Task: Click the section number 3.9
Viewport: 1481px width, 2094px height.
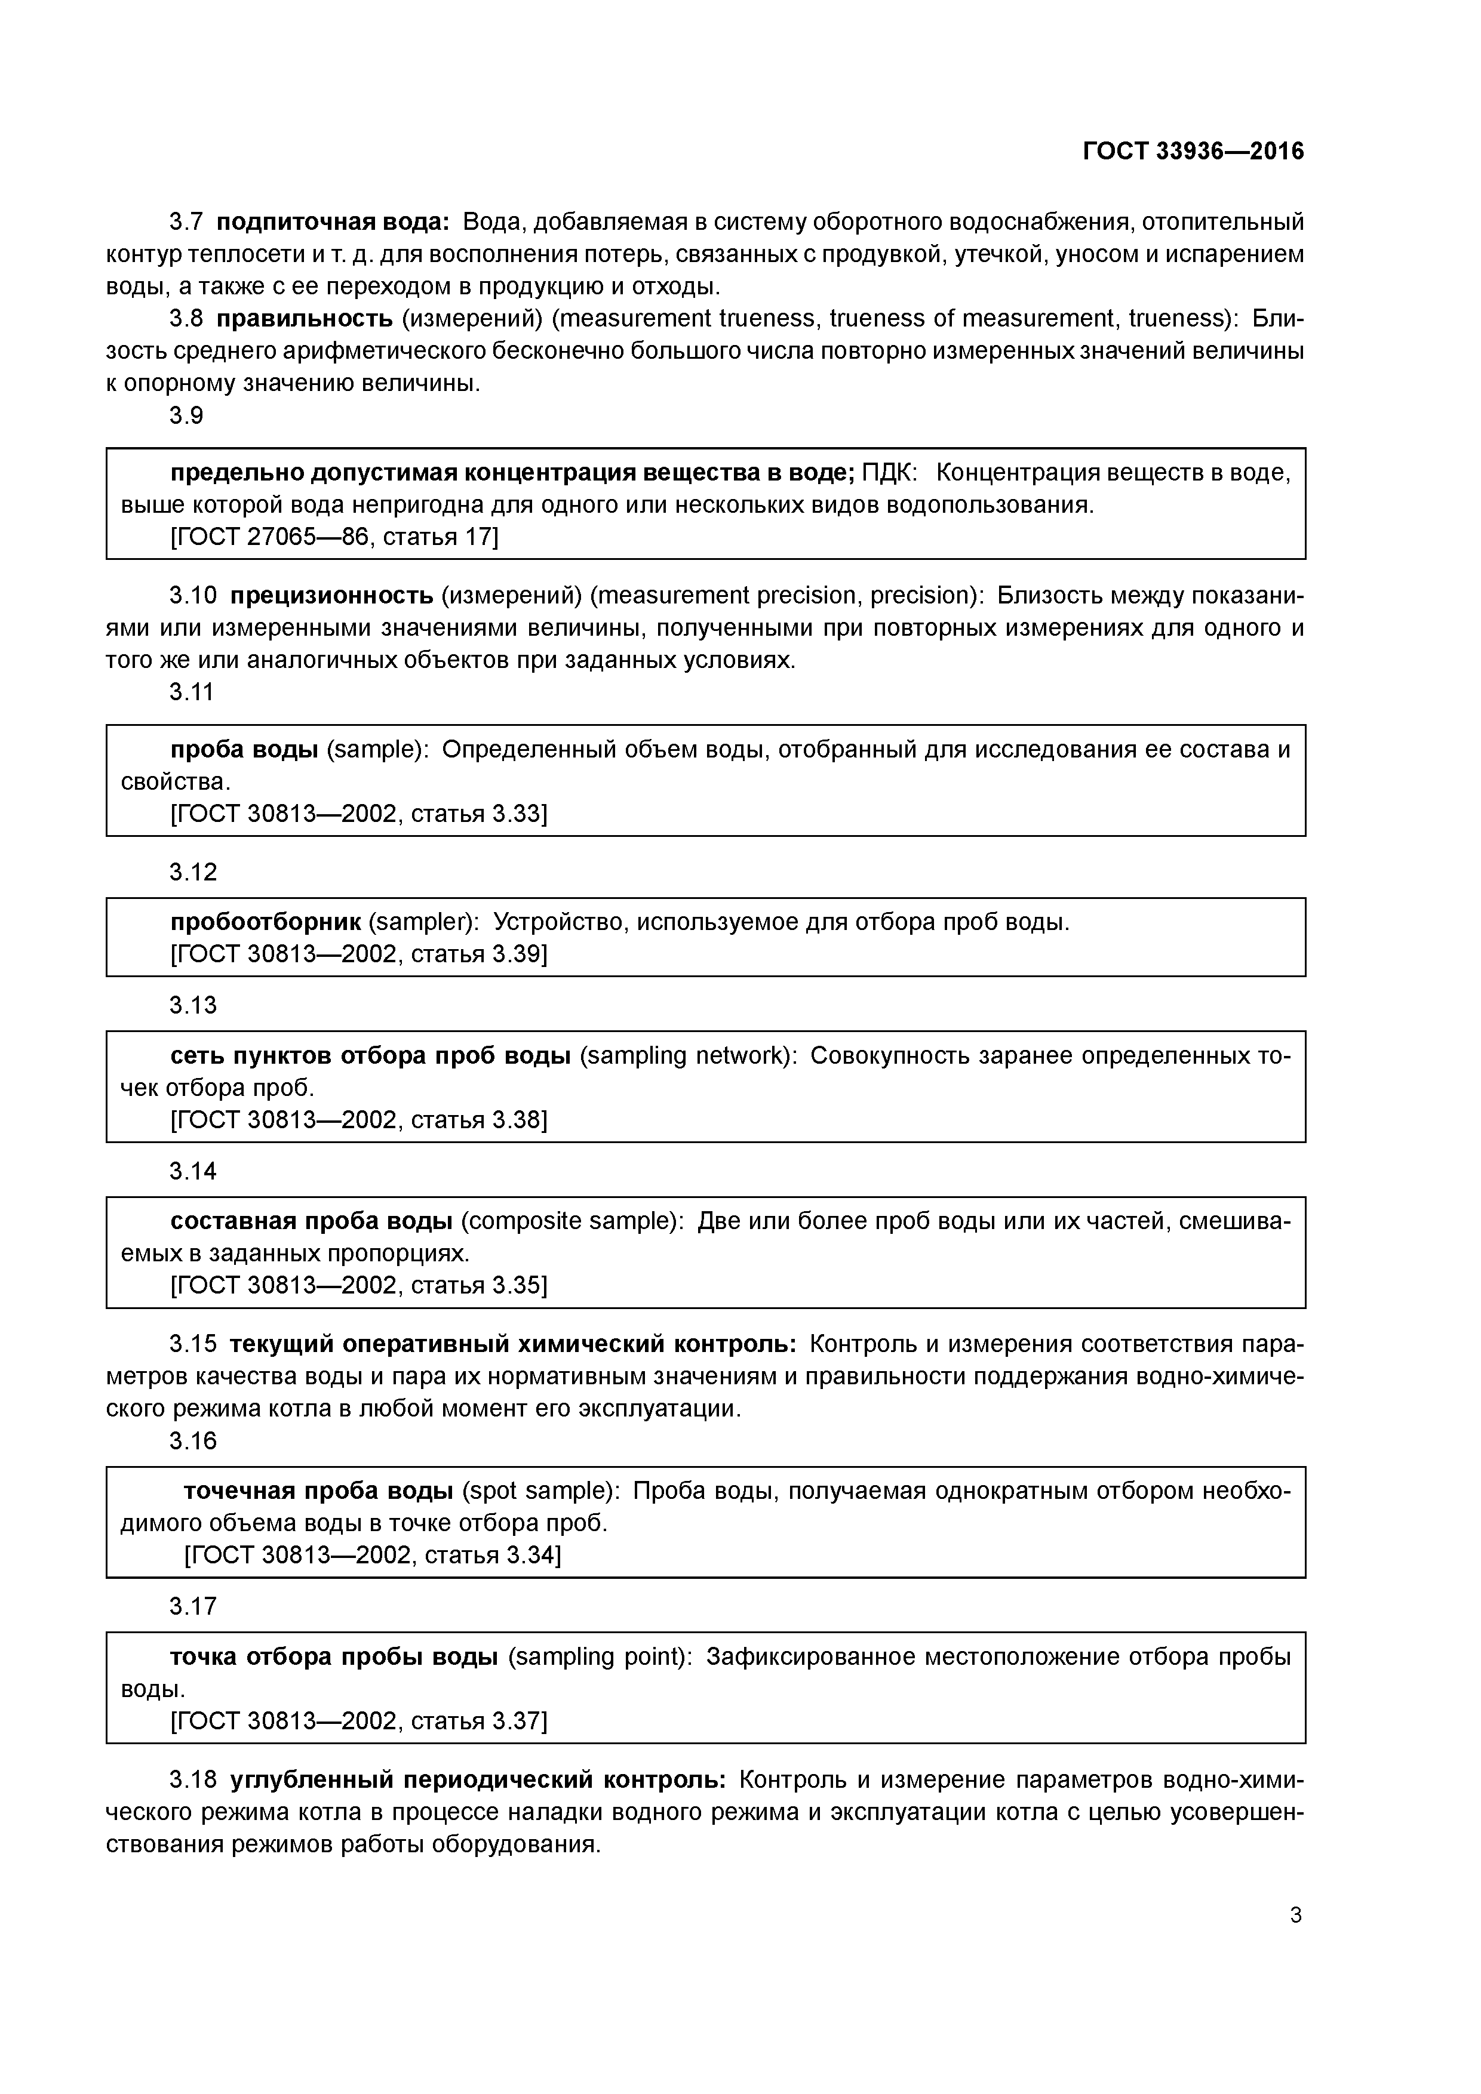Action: pyautogui.click(x=186, y=416)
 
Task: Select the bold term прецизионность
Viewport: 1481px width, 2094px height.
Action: pyautogui.click(x=331, y=596)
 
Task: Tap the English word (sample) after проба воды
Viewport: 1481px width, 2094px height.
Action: pyautogui.click(x=376, y=750)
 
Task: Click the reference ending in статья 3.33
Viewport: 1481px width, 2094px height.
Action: pyautogui.click(x=359, y=814)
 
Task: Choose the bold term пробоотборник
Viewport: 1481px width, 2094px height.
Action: pyautogui.click(x=266, y=922)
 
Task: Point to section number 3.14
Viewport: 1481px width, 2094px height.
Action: pyautogui.click(x=192, y=1171)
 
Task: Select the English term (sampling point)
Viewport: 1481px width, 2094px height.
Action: pyautogui.click(x=600, y=1656)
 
